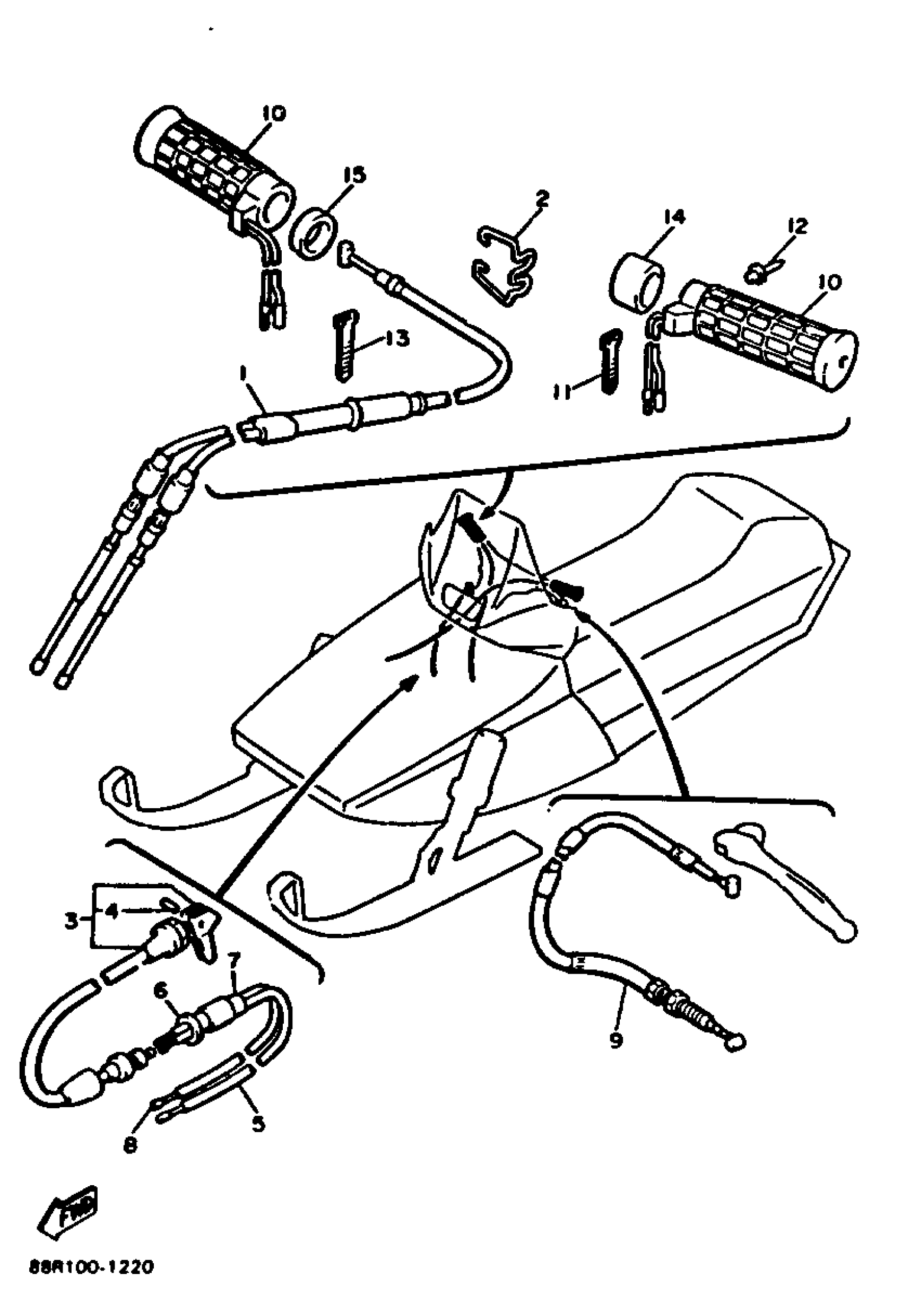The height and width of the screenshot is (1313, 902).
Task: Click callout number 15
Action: pos(355,176)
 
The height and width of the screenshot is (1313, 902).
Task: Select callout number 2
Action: pos(541,199)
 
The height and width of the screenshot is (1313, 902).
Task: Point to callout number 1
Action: pos(243,373)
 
